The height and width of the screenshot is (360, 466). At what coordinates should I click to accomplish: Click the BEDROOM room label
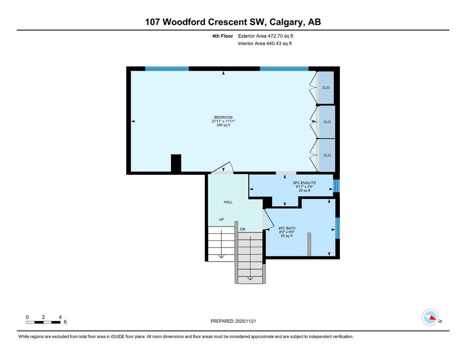point(223,117)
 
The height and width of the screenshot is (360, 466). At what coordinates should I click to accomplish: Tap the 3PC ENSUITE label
point(304,183)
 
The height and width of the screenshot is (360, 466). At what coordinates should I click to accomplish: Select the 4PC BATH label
point(287,228)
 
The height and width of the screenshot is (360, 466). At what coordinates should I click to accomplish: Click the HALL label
point(228,202)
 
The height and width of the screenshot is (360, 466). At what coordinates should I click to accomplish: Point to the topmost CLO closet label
point(326,88)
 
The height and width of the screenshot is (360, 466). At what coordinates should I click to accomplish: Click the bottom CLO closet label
point(327,155)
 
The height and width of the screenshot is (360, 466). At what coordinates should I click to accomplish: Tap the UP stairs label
point(221,220)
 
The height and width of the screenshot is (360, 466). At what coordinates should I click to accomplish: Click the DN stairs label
point(243,229)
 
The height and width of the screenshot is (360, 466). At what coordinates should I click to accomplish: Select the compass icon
point(430,317)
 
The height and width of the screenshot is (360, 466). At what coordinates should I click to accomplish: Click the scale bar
point(43,322)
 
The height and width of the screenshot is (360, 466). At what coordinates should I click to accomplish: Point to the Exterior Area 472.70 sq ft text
point(266,36)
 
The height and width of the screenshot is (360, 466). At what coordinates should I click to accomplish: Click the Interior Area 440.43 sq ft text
point(265,44)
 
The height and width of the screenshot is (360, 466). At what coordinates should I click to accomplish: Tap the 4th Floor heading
point(222,36)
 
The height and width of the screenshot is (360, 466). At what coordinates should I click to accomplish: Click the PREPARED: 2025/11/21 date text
point(236,321)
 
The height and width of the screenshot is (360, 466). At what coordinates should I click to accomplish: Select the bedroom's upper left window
point(167,69)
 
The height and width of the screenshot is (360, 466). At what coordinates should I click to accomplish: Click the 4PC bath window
point(338,228)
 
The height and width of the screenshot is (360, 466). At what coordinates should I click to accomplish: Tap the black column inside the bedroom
point(176,163)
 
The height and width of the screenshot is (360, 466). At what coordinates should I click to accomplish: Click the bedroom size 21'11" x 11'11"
point(223,121)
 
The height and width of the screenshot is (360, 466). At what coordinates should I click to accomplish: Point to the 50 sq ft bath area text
point(287,236)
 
